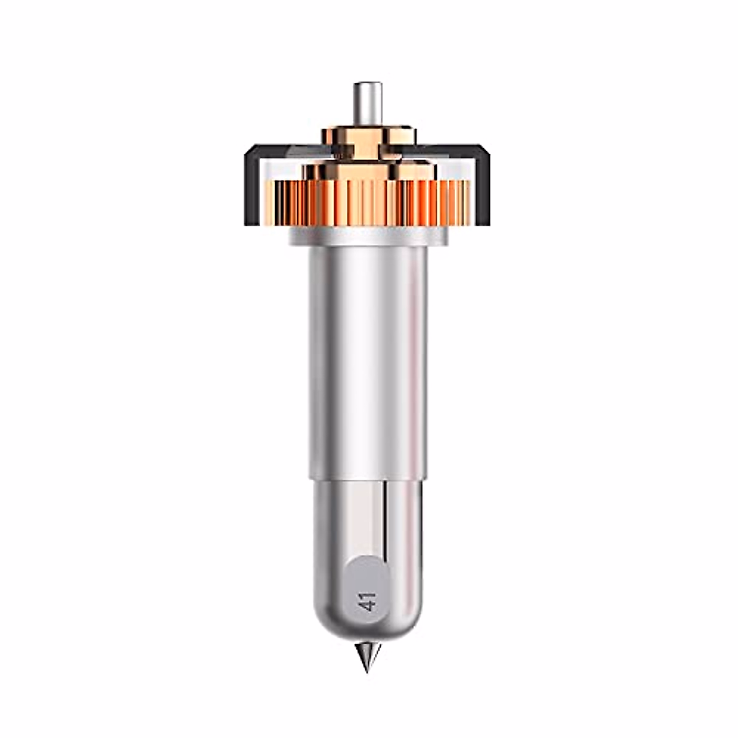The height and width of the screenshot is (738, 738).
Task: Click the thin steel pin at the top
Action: click(x=368, y=104)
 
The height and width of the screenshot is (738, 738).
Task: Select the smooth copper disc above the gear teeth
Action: click(x=368, y=172)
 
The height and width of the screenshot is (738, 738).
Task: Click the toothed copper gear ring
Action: click(x=368, y=202)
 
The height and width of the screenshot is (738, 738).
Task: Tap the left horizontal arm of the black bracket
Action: click(x=287, y=151)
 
